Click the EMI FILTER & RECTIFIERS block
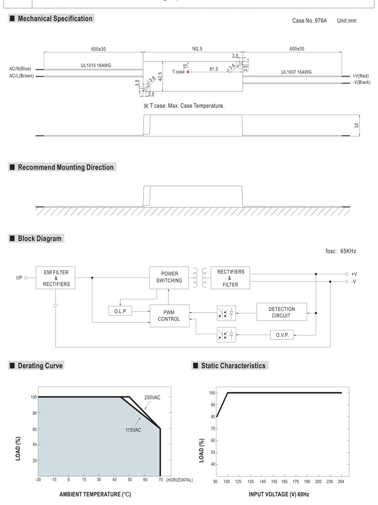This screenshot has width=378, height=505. coord(56,278)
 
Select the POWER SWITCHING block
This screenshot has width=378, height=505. coord(169,278)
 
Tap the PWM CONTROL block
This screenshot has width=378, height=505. coord(169,316)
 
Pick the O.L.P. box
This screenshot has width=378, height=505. coord(120,311)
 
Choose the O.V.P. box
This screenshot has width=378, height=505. coord(282,335)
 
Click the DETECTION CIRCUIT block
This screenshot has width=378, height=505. coord(281,312)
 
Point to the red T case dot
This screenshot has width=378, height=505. coord(188,72)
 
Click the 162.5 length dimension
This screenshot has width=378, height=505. coord(197,49)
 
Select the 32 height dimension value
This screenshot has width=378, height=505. coord(357,125)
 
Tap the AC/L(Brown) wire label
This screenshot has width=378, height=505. coord(21,76)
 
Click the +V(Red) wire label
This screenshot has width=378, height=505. coord(361,76)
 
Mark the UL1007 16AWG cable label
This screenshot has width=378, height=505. coord(296,72)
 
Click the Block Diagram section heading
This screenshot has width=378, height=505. coord(39,239)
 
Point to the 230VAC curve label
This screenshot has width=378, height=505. coord(152,398)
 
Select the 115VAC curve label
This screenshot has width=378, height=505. coord(133,430)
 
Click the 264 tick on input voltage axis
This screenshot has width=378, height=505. coord(341,481)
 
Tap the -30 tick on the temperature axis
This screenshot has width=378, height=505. coord(38,480)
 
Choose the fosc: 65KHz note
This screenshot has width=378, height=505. coord(341,251)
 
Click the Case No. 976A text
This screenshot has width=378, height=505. coord(309,20)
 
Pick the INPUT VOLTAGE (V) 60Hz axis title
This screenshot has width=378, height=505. coord(279,495)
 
